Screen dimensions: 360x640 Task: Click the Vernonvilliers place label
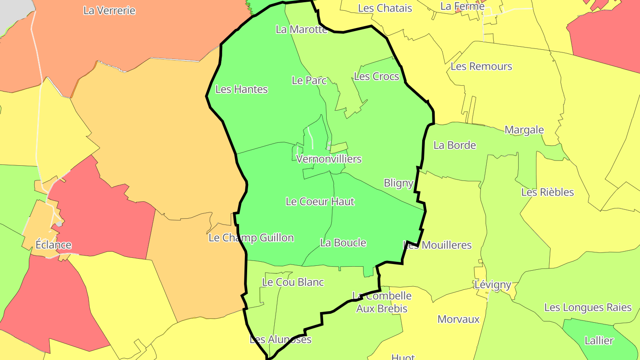tap(328, 159)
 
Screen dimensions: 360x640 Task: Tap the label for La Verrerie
tap(109, 11)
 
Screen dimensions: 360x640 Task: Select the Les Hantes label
tap(241, 89)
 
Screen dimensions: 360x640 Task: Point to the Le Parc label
tap(309, 80)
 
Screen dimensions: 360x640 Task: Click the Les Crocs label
tap(376, 76)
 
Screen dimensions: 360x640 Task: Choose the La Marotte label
tap(301, 29)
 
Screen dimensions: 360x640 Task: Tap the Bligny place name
tap(398, 183)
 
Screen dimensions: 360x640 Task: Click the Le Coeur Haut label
tap(320, 202)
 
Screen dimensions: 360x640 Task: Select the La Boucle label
tap(343, 243)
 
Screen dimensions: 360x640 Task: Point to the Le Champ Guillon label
tap(251, 238)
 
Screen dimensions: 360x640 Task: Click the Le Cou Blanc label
tap(293, 282)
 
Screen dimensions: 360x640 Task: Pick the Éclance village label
tap(53, 245)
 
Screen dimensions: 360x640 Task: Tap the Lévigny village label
tap(492, 284)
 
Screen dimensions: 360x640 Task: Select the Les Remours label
tap(481, 67)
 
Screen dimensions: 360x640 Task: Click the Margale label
tap(524, 130)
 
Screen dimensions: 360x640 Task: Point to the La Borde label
tap(455, 145)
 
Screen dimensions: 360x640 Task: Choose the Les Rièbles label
tap(548, 192)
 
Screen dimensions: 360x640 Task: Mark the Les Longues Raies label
tap(588, 308)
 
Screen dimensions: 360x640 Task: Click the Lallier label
tap(599, 341)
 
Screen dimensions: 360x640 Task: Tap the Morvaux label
tap(459, 319)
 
